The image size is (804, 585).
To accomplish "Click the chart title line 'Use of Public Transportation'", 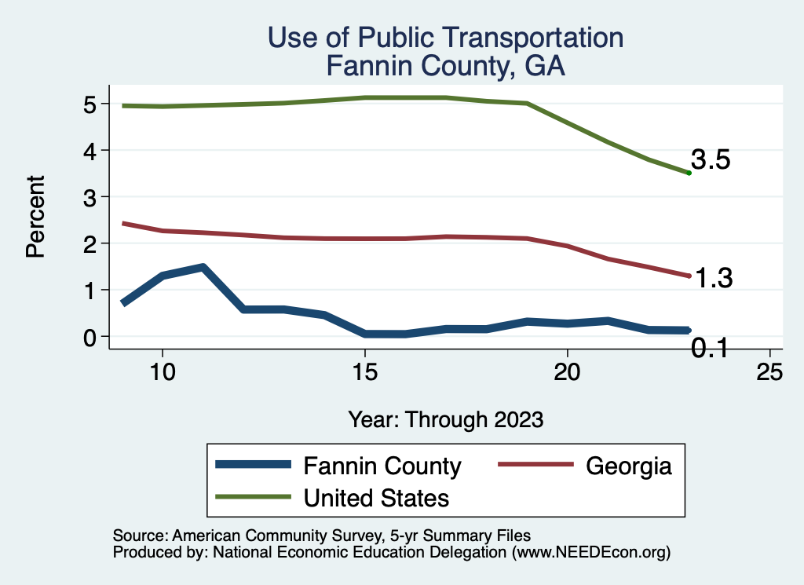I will [x=445, y=38].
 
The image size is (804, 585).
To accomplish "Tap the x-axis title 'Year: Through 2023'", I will [x=445, y=419].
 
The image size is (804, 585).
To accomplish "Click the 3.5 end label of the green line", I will [x=711, y=160].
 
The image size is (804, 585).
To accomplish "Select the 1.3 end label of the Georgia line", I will [x=713, y=278].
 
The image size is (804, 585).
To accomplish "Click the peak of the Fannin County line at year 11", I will [x=203, y=268].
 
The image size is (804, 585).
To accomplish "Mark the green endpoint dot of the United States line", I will [x=689, y=173].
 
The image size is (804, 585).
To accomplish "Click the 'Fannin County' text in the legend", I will [x=382, y=466].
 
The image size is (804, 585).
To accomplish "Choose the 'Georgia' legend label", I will [x=629, y=466].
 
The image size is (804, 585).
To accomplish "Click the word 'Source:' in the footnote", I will [x=137, y=536].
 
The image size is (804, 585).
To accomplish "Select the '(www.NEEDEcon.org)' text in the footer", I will [x=591, y=552].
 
